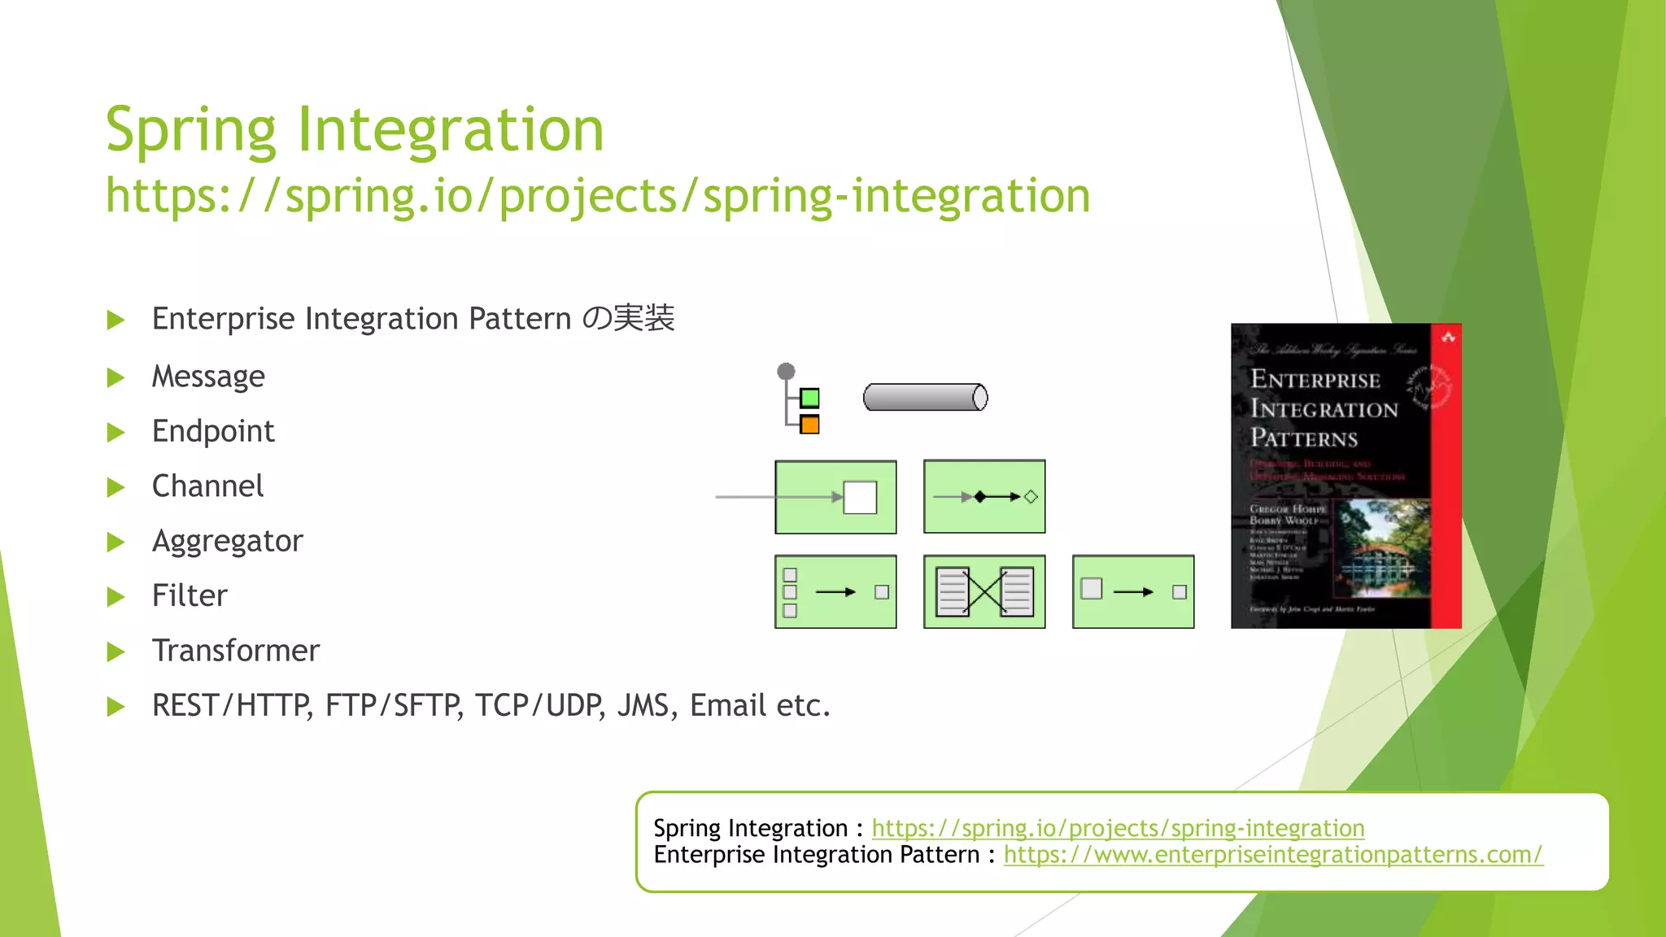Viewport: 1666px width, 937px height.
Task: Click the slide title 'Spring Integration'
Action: pyautogui.click(x=355, y=130)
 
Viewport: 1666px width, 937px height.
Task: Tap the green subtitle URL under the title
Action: pyautogui.click(x=598, y=196)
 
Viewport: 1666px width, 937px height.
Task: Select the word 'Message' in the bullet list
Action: pyautogui.click(x=208, y=377)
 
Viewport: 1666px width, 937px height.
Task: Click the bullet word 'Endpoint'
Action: pyautogui.click(x=213, y=431)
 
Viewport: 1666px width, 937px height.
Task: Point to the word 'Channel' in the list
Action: pyautogui.click(x=207, y=486)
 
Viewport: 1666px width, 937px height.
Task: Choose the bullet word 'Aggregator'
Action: pyautogui.click(x=227, y=541)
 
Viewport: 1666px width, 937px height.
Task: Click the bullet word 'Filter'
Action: pyautogui.click(x=190, y=595)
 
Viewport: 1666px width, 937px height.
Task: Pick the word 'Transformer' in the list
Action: pyautogui.click(x=236, y=651)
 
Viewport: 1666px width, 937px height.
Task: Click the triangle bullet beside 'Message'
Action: pyautogui.click(x=116, y=377)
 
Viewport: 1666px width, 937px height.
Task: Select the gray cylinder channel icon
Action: pyautogui.click(x=925, y=398)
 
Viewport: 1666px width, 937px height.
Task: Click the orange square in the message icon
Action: pyautogui.click(x=809, y=425)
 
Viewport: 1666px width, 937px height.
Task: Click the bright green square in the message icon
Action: pyautogui.click(x=809, y=398)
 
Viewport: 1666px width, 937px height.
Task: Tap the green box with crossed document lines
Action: pyautogui.click(x=984, y=592)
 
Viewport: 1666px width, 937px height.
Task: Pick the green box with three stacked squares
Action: pyautogui.click(x=835, y=592)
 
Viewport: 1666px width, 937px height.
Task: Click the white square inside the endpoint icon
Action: pyautogui.click(x=860, y=497)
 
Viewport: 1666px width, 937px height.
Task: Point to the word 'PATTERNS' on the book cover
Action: pyautogui.click(x=1303, y=438)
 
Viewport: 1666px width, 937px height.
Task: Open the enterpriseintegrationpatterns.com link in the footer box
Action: pyautogui.click(x=1272, y=855)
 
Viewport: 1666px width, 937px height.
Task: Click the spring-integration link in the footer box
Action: pyautogui.click(x=1118, y=828)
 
